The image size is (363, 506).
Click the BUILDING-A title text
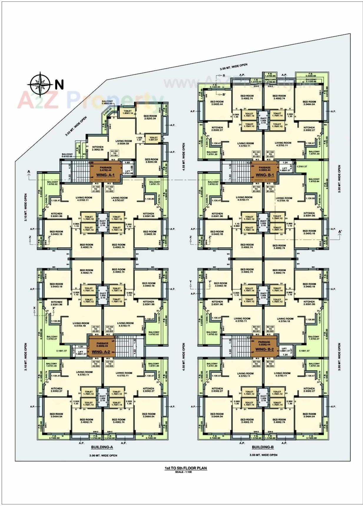click(x=102, y=447)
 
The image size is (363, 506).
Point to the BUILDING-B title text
click(x=263, y=447)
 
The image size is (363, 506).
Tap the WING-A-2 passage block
click(x=101, y=347)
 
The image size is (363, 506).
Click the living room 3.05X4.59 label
click(x=123, y=142)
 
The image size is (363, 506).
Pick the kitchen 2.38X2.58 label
click(x=98, y=148)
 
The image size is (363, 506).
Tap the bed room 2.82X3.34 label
click(x=150, y=117)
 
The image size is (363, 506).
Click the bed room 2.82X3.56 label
click(x=151, y=160)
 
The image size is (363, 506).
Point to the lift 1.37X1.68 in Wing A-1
click(x=127, y=172)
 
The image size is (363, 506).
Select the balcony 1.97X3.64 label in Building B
click(x=314, y=180)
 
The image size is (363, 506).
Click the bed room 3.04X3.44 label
click(x=217, y=103)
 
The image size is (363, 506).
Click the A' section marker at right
click(x=340, y=232)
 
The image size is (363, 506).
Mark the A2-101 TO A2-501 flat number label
click(x=96, y=329)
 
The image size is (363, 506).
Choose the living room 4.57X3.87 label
click(x=119, y=199)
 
